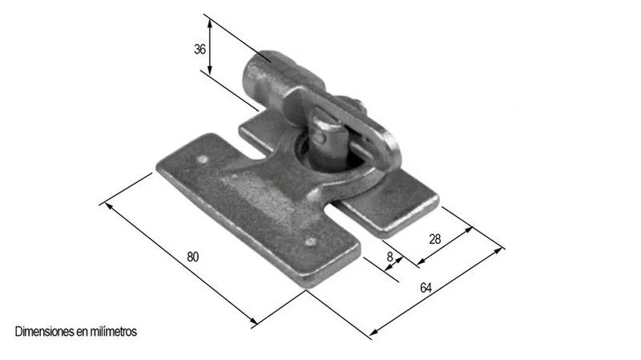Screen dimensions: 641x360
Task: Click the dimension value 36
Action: (x=200, y=49)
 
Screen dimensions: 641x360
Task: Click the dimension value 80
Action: (x=192, y=257)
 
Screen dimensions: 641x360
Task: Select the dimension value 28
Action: (x=435, y=239)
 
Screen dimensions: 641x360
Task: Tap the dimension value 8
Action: (x=390, y=257)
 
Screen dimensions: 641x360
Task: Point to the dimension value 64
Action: (x=425, y=288)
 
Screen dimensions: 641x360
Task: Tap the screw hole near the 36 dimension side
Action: (x=201, y=159)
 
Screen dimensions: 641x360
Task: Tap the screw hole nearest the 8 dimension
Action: (x=311, y=242)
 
